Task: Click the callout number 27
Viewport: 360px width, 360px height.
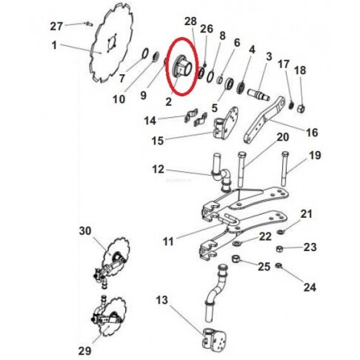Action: (x=56, y=26)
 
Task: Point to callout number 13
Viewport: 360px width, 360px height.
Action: (x=161, y=300)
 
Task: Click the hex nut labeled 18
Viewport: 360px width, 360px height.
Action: (x=301, y=108)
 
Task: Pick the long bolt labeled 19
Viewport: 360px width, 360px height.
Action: (x=284, y=168)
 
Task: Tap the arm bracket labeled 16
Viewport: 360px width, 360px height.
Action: (x=264, y=119)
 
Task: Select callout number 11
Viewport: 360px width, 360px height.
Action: (x=168, y=241)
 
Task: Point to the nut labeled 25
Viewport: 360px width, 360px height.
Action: (x=235, y=259)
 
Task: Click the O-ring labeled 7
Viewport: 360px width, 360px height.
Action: (x=145, y=53)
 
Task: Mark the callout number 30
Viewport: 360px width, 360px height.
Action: (x=85, y=231)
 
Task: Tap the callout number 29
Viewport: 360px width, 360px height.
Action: (x=84, y=350)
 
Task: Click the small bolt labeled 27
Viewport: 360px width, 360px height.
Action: (x=89, y=24)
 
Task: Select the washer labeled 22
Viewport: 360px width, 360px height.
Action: (x=236, y=244)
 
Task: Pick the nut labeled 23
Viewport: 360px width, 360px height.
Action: (x=279, y=249)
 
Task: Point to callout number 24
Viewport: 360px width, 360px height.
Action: (x=310, y=287)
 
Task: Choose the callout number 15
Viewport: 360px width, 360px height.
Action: (x=158, y=141)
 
